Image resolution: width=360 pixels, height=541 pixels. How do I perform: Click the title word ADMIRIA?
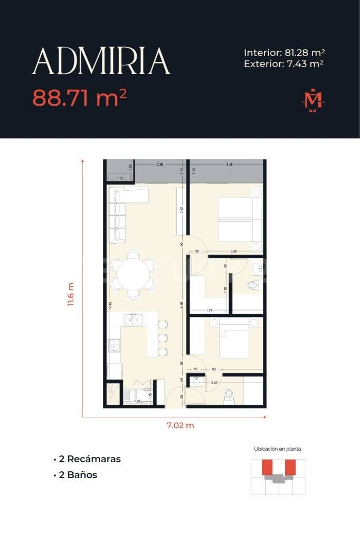[101, 61]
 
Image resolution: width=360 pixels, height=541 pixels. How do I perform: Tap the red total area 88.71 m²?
[80, 98]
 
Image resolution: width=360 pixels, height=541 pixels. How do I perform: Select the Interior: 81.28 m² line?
[284, 53]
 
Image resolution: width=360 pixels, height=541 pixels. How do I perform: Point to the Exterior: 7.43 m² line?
[284, 64]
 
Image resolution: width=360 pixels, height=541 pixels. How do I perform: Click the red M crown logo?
[312, 100]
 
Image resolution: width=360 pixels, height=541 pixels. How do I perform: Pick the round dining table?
[134, 274]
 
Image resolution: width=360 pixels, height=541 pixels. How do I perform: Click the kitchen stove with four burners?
[114, 346]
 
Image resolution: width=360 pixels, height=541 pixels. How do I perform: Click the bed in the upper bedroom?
[235, 219]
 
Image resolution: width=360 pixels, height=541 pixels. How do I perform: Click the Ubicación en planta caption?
[278, 449]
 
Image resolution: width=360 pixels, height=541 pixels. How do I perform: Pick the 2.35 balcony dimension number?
[159, 165]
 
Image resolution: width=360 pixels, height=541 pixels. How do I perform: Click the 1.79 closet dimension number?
[209, 310]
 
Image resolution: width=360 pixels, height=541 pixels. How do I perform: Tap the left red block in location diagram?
[268, 467]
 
